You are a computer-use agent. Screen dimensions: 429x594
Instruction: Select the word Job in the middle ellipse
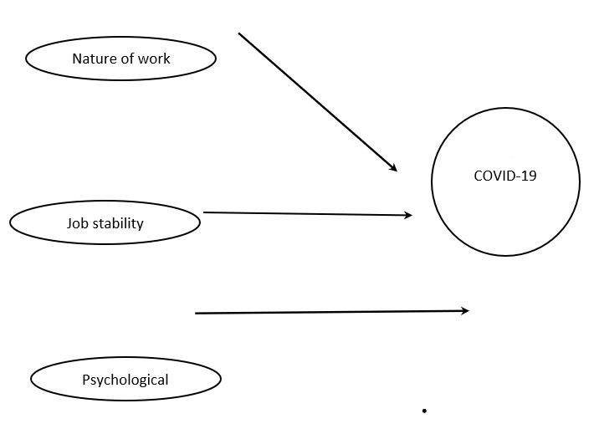[x=77, y=223]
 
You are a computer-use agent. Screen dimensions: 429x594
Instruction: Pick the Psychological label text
[x=125, y=380]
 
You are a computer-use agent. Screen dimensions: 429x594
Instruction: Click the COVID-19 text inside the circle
[x=505, y=176]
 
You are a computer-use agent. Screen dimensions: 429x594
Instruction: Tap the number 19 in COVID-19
[x=527, y=176]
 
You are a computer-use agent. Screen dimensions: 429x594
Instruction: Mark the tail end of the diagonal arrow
[x=239, y=33]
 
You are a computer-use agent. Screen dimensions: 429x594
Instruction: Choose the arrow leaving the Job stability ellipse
[x=301, y=214]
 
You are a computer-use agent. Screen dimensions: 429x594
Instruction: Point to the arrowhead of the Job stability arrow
[x=408, y=216]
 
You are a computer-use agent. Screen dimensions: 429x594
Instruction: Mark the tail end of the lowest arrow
[x=196, y=314]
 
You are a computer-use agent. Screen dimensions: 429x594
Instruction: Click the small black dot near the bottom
[x=425, y=411]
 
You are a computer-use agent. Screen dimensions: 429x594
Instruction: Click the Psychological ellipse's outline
[x=125, y=358]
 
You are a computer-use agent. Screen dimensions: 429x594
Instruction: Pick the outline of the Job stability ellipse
[x=105, y=203]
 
